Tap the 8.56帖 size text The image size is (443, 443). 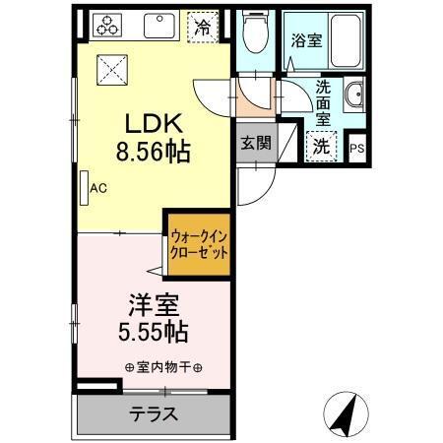[x=155, y=153]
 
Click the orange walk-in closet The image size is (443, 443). [x=199, y=244]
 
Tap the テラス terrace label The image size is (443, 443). [x=154, y=413]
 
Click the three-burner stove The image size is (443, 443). [x=106, y=27]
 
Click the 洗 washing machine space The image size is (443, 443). [x=322, y=147]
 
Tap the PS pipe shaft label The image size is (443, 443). [x=356, y=149]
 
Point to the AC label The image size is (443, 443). [x=98, y=184]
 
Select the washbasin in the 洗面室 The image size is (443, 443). [x=355, y=97]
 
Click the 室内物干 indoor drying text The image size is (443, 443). [x=164, y=368]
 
